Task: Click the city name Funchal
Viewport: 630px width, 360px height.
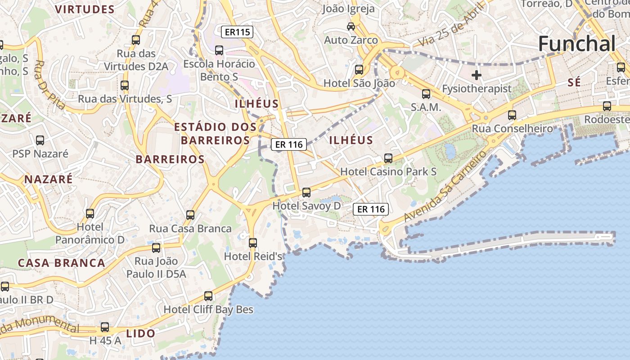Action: coord(576,44)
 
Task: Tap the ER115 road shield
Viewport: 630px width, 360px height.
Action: coord(237,32)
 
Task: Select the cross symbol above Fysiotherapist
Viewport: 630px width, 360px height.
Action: coord(476,75)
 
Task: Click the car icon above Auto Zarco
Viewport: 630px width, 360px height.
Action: coord(351,26)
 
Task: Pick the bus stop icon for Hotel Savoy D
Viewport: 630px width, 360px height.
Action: coord(306,193)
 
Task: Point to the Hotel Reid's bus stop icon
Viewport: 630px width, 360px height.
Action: coord(253,243)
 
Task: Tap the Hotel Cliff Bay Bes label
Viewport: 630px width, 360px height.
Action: coord(208,310)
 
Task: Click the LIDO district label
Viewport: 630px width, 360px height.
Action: coord(140,333)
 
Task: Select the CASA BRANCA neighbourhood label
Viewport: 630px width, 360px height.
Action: coord(61,263)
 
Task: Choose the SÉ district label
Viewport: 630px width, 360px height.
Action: coord(574,82)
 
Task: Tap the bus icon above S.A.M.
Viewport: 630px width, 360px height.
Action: coord(426,94)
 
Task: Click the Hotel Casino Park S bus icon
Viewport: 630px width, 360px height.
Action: coord(388,158)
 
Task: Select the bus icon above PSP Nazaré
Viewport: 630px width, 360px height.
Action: coord(40,140)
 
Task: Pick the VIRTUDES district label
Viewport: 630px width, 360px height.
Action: coord(85,9)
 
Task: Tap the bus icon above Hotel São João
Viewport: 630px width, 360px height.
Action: coord(359,70)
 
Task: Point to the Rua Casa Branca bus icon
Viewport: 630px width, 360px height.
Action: coord(190,215)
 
